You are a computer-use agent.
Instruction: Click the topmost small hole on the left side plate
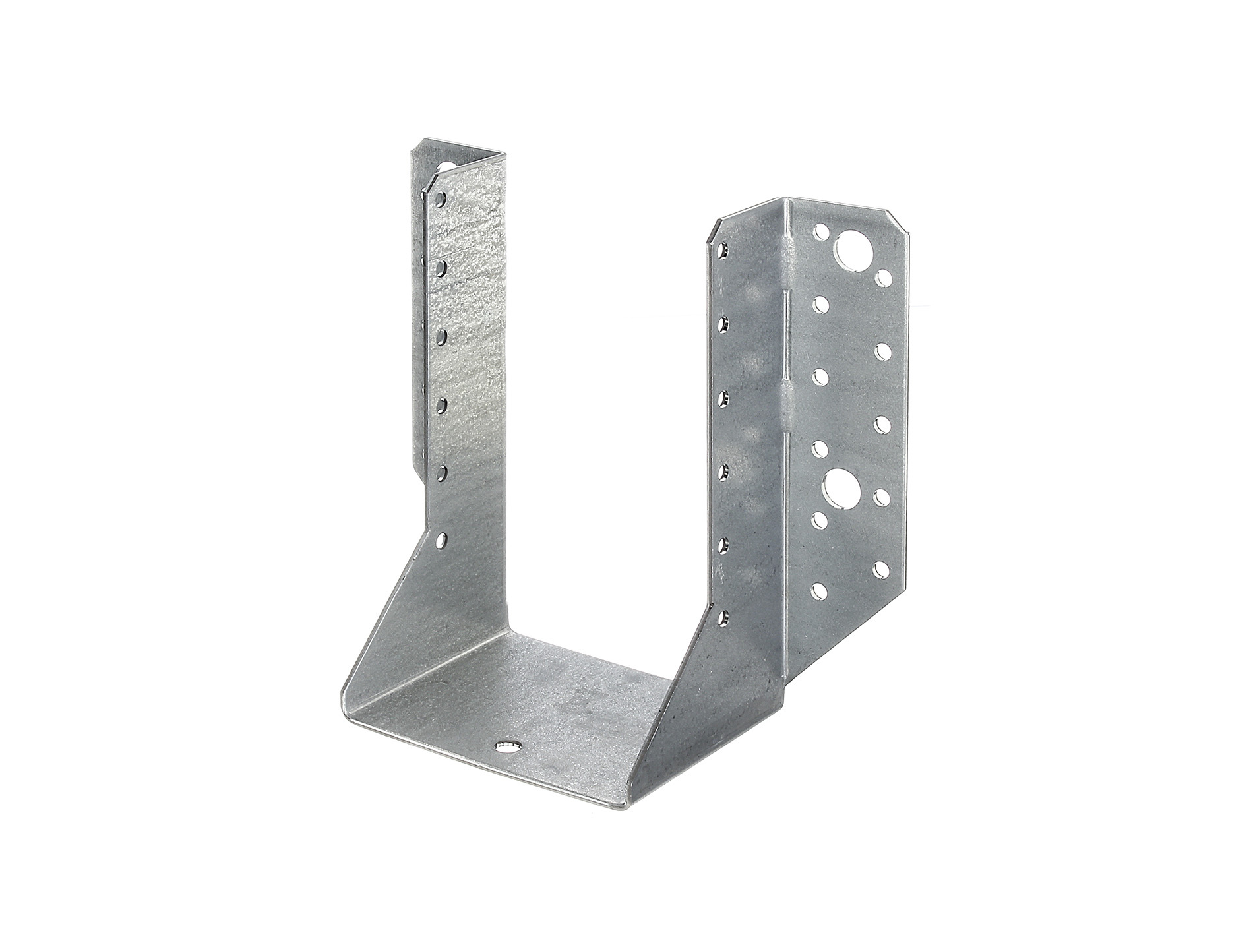[441, 197]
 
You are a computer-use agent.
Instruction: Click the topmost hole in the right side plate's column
[723, 250]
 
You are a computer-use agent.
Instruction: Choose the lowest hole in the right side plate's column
[723, 618]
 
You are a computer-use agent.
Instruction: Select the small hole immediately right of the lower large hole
[881, 495]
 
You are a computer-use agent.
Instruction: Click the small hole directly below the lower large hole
[820, 521]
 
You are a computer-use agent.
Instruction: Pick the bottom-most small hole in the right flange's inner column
[820, 590]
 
